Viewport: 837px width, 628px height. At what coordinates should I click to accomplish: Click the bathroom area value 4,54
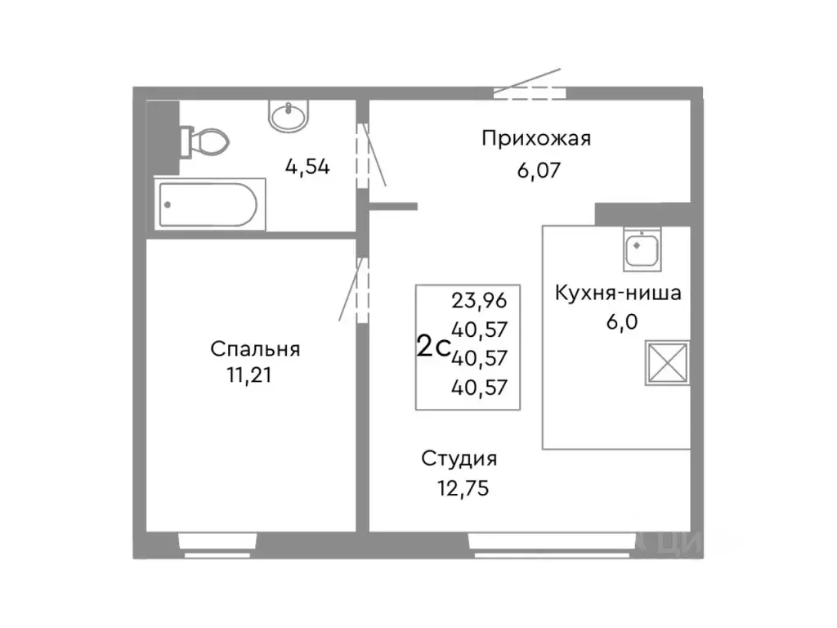[307, 168]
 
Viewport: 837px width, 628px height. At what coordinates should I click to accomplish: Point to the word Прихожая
[535, 138]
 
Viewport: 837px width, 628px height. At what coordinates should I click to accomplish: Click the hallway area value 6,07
[535, 171]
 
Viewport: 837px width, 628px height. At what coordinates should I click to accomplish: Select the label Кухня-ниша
[617, 293]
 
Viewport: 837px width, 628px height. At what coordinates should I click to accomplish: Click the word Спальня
[255, 349]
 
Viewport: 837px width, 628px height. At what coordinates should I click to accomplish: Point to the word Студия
[459, 459]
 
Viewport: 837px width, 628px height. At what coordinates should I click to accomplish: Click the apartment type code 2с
[433, 347]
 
